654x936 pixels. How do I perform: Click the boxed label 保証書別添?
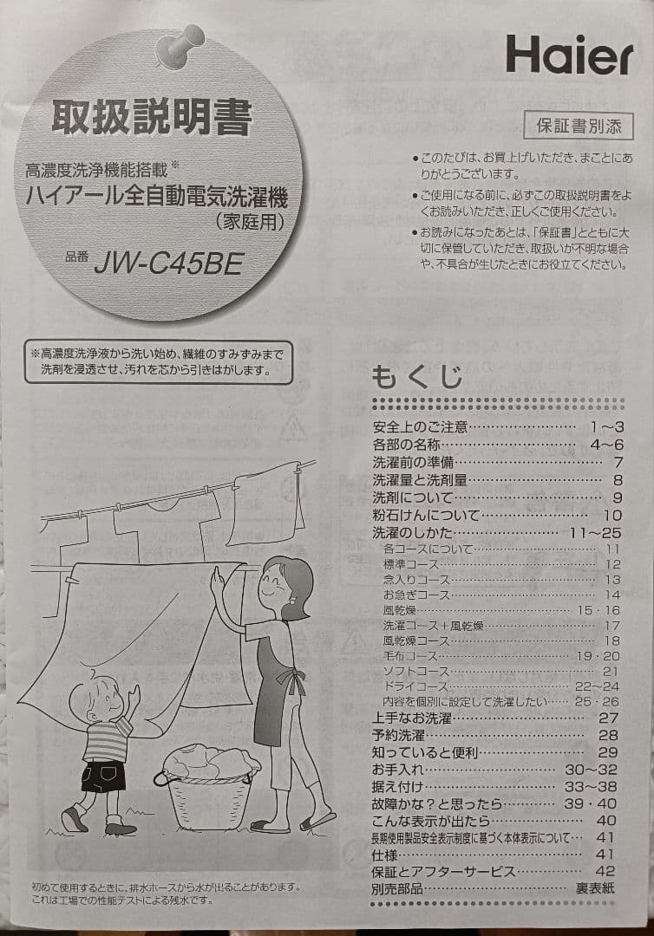[x=578, y=126]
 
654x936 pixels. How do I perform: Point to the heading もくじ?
[x=417, y=379]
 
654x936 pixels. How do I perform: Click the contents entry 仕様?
[x=384, y=855]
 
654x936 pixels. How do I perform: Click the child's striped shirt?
[x=108, y=739]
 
